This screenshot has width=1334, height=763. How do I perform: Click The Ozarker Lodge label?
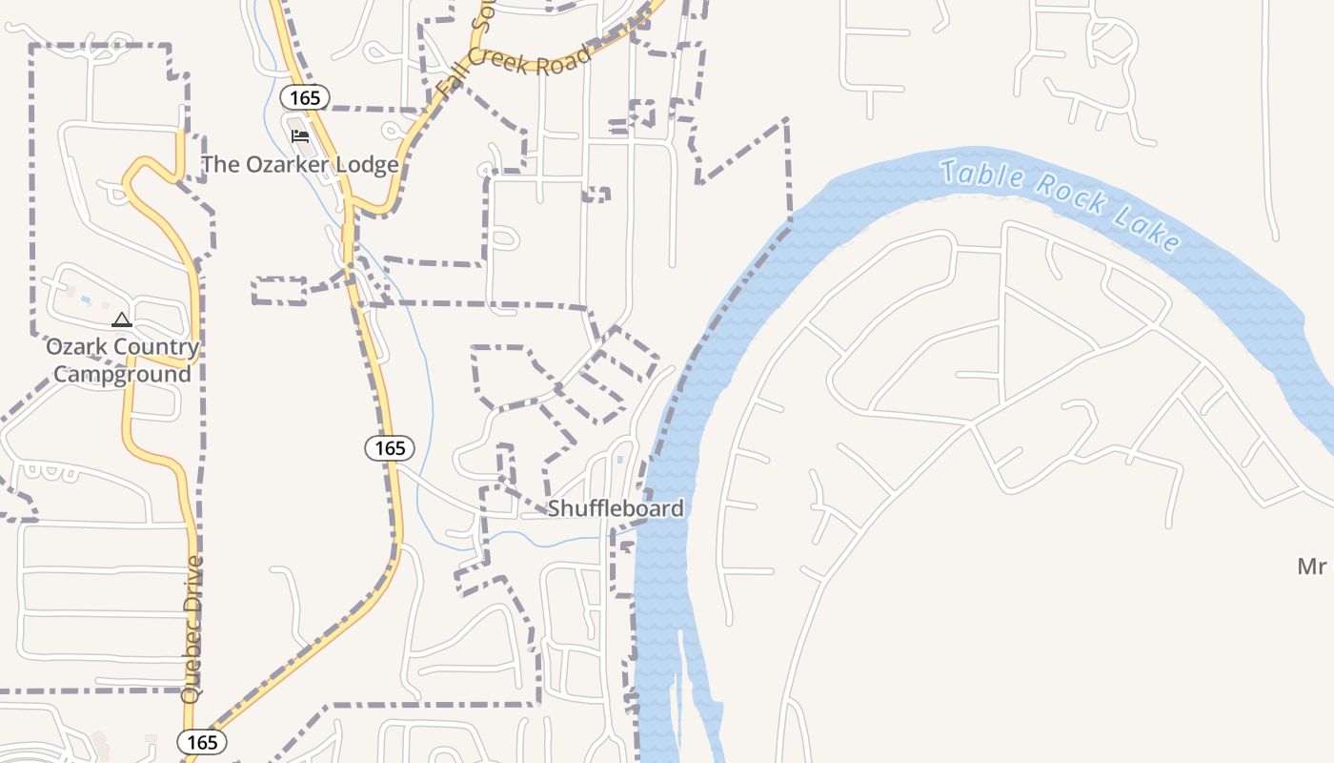[299, 165]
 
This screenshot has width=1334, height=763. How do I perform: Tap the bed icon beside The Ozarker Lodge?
[300, 136]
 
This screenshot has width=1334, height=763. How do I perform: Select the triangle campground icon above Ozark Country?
[121, 320]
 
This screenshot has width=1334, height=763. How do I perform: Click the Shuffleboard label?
[616, 508]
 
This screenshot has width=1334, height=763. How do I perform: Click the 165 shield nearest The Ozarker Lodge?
[305, 97]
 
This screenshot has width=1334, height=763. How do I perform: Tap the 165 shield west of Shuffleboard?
[390, 447]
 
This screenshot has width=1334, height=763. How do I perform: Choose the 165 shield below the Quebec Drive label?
[202, 742]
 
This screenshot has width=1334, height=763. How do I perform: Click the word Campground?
[122, 374]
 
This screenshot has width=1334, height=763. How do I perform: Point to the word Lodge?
[367, 165]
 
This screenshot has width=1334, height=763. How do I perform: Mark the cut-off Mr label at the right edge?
[1312, 567]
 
